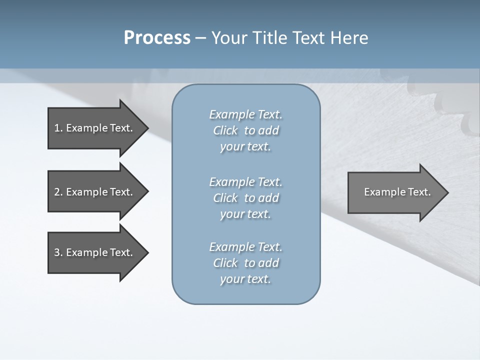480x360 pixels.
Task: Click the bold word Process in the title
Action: point(157,38)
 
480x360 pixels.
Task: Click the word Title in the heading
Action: point(268,38)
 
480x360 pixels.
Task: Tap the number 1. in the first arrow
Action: point(58,128)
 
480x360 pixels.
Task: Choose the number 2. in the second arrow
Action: point(58,192)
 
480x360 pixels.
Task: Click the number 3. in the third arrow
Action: point(58,252)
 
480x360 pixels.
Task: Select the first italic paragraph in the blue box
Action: point(245,130)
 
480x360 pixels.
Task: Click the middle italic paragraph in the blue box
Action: point(245,198)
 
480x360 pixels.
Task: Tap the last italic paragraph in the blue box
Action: point(245,263)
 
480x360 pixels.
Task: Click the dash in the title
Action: point(201,38)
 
